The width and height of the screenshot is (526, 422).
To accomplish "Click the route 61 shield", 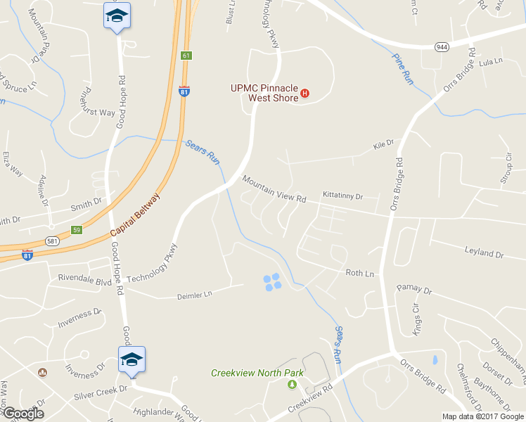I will coord(186,55).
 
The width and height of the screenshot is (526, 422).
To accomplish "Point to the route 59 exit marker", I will coord(77,229).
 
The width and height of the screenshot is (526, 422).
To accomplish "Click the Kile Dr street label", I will coord(384,144).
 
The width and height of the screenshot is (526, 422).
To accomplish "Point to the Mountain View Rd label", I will coord(274,189).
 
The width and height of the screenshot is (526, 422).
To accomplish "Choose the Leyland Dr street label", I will coord(485,252).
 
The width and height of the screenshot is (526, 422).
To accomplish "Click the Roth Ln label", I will coord(359,273).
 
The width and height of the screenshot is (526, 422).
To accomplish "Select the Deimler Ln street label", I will coord(193,295).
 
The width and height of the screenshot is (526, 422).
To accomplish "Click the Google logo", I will coord(23,414).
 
